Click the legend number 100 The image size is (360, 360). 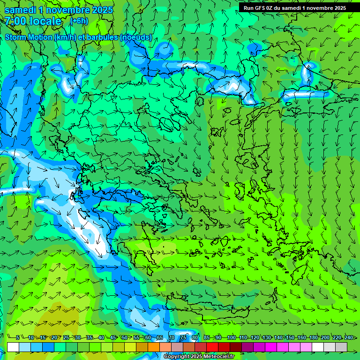(x=231, y=337)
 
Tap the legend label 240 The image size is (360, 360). (x=349, y=337)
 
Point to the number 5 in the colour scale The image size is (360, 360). (x=17, y=337)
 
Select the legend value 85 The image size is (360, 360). (x=207, y=337)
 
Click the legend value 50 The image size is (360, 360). (x=124, y=337)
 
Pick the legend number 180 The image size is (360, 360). (x=313, y=337)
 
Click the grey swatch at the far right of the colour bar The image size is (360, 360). (x=341, y=347)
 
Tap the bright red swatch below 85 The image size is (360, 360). (x=212, y=347)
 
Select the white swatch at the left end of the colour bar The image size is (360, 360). (x=13, y=347)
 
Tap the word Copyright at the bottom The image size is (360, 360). (x=177, y=357)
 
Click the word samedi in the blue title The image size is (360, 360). (x=20, y=10)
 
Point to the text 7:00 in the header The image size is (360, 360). (x=15, y=21)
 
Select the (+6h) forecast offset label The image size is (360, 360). (x=78, y=21)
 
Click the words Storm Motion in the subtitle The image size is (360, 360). (x=28, y=37)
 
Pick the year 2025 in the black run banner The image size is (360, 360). (x=338, y=7)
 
